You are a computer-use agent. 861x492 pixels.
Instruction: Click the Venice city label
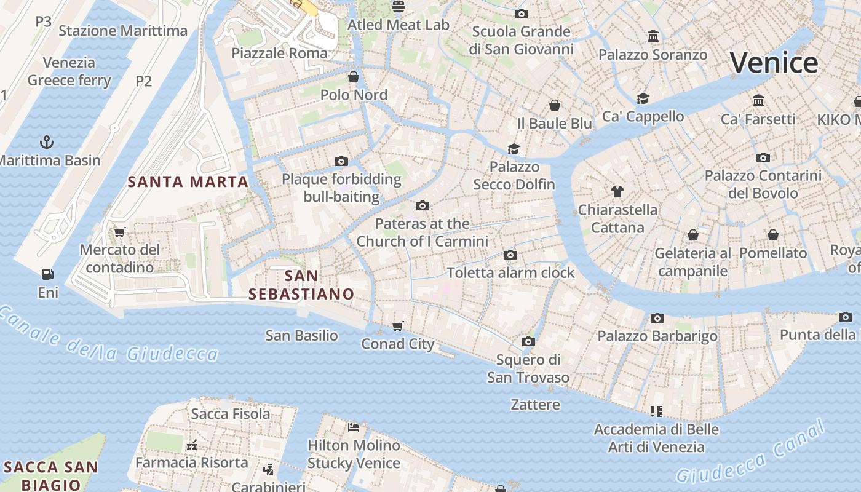[x=774, y=63]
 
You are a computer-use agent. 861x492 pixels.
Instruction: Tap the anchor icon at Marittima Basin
[x=47, y=143]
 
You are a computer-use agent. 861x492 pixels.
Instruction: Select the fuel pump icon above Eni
[x=47, y=274]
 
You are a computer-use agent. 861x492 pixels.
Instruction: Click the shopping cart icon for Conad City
[x=398, y=326]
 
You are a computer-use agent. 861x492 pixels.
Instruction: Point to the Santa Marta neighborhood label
[x=188, y=181]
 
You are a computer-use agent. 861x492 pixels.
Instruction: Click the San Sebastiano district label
[x=301, y=285]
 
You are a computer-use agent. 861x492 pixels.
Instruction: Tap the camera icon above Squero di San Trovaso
[x=528, y=341]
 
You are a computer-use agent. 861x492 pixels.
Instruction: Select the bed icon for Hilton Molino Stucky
[x=354, y=427]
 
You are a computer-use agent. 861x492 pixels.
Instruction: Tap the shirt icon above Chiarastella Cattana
[x=617, y=192]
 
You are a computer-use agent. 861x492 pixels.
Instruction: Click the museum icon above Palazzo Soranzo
[x=653, y=36]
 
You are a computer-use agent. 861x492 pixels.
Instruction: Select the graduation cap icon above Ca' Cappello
[x=643, y=98]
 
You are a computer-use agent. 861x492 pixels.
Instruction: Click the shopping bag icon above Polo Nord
[x=354, y=77]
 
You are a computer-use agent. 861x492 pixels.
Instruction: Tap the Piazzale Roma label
[x=279, y=53]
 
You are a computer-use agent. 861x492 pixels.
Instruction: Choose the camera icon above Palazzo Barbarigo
[x=657, y=318]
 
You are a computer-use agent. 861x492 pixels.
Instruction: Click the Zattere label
[x=535, y=405]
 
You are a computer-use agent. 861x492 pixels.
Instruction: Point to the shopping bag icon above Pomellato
[x=773, y=235]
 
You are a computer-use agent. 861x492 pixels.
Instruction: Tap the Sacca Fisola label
[x=230, y=414]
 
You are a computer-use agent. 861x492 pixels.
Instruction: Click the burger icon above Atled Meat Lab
[x=399, y=7]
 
